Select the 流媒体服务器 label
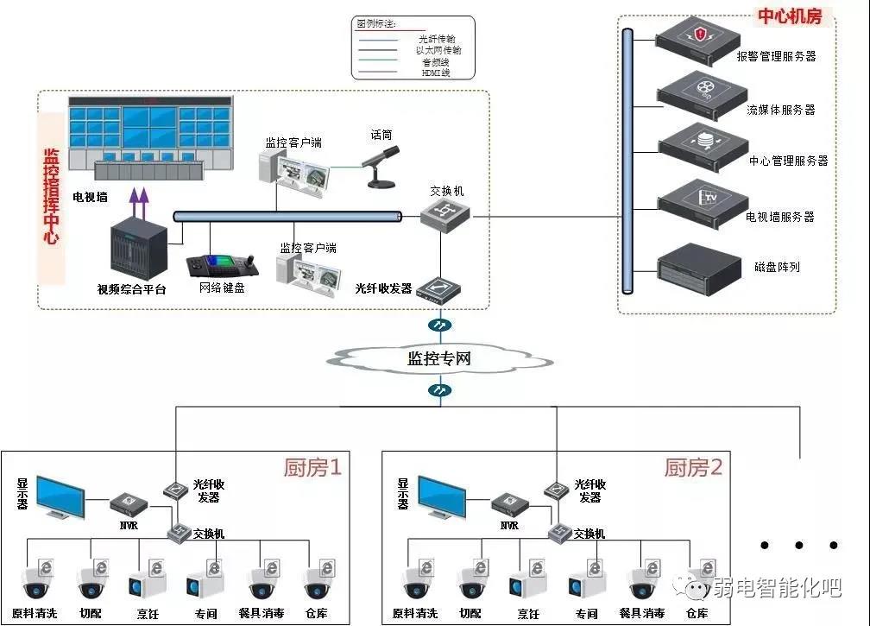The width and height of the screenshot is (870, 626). pos(780,111)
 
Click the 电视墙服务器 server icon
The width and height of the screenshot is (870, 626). pos(701,199)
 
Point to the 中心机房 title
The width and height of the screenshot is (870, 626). pos(789,16)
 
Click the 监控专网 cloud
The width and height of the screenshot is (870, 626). pos(440,357)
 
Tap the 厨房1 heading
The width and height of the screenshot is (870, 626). pos(312,468)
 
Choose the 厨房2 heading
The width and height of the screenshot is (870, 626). pos(693,468)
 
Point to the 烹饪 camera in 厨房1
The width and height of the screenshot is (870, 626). pos(143,584)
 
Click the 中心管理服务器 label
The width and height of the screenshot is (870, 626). pos(788,161)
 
